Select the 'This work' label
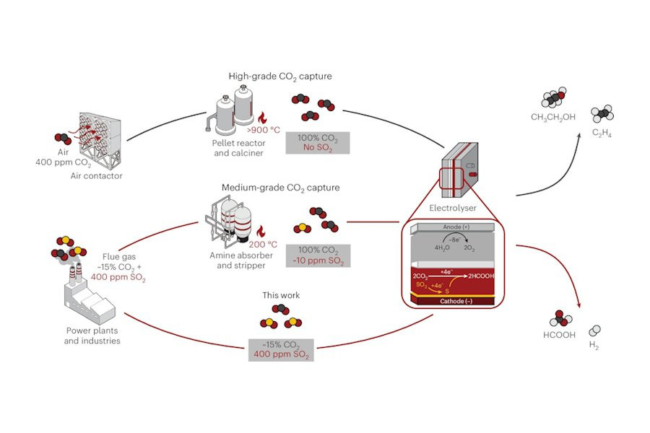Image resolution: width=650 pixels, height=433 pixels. click(282, 296)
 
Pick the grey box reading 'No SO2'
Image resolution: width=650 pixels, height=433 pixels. click(318, 142)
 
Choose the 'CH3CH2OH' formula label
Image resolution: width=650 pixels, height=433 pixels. click(553, 117)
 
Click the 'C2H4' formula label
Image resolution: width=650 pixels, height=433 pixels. click(602, 133)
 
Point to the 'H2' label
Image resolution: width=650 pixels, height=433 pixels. click(593, 346)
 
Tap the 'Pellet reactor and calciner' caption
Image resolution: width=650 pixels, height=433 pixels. click(233, 147)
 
